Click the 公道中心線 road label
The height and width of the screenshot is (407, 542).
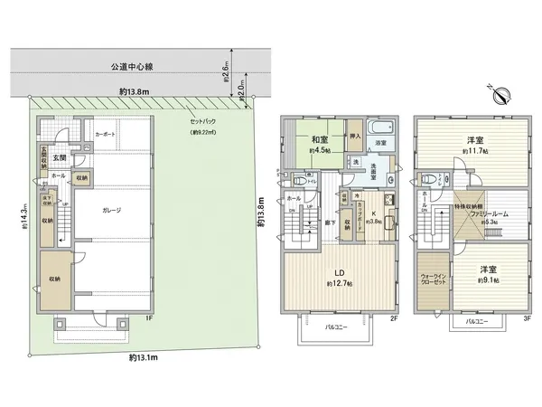133,66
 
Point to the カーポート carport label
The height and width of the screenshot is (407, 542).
106,134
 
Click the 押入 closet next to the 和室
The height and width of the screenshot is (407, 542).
354,137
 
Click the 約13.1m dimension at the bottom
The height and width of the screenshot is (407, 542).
144,358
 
